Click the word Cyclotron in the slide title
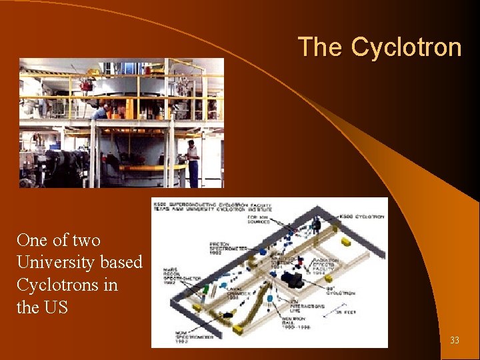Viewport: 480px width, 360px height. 406,47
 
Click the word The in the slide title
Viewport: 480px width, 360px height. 321,47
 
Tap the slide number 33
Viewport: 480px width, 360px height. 455,341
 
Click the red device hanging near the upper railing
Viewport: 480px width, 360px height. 86,85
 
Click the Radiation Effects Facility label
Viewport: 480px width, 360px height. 325,267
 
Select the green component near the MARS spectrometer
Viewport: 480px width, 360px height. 207,289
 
